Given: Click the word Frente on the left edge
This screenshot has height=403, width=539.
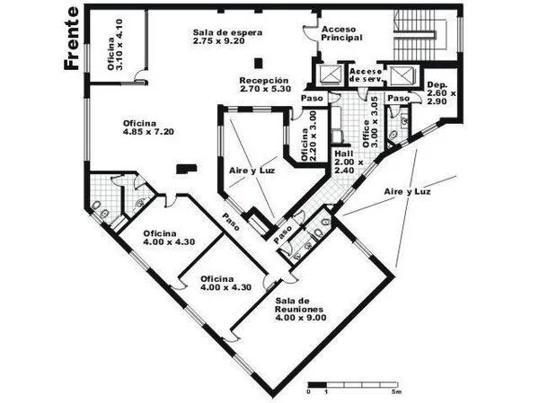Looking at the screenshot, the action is tap(72, 38).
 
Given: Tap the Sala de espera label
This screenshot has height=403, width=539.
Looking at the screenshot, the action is tap(227, 32).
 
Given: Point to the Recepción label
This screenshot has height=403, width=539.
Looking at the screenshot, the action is tap(264, 81).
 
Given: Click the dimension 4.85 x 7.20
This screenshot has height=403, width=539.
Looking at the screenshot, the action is tap(148, 132).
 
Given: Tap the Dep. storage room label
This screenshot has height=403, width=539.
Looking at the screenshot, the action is tap(437, 85).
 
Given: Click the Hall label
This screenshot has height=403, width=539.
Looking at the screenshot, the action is tap(344, 153).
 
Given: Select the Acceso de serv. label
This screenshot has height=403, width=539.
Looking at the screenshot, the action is tap(366, 75).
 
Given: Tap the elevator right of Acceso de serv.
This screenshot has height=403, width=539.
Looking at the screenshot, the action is tap(402, 75).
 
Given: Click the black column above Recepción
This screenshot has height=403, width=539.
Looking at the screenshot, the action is tap(259, 63).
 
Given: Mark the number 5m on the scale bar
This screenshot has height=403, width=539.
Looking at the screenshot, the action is tap(397, 391).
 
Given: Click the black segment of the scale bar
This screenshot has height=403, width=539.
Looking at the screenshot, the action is tap(317, 384).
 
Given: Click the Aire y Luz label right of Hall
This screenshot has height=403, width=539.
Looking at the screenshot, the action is tap(407, 192).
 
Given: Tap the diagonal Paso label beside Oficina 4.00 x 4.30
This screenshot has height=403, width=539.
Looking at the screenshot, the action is tap(231, 222).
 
